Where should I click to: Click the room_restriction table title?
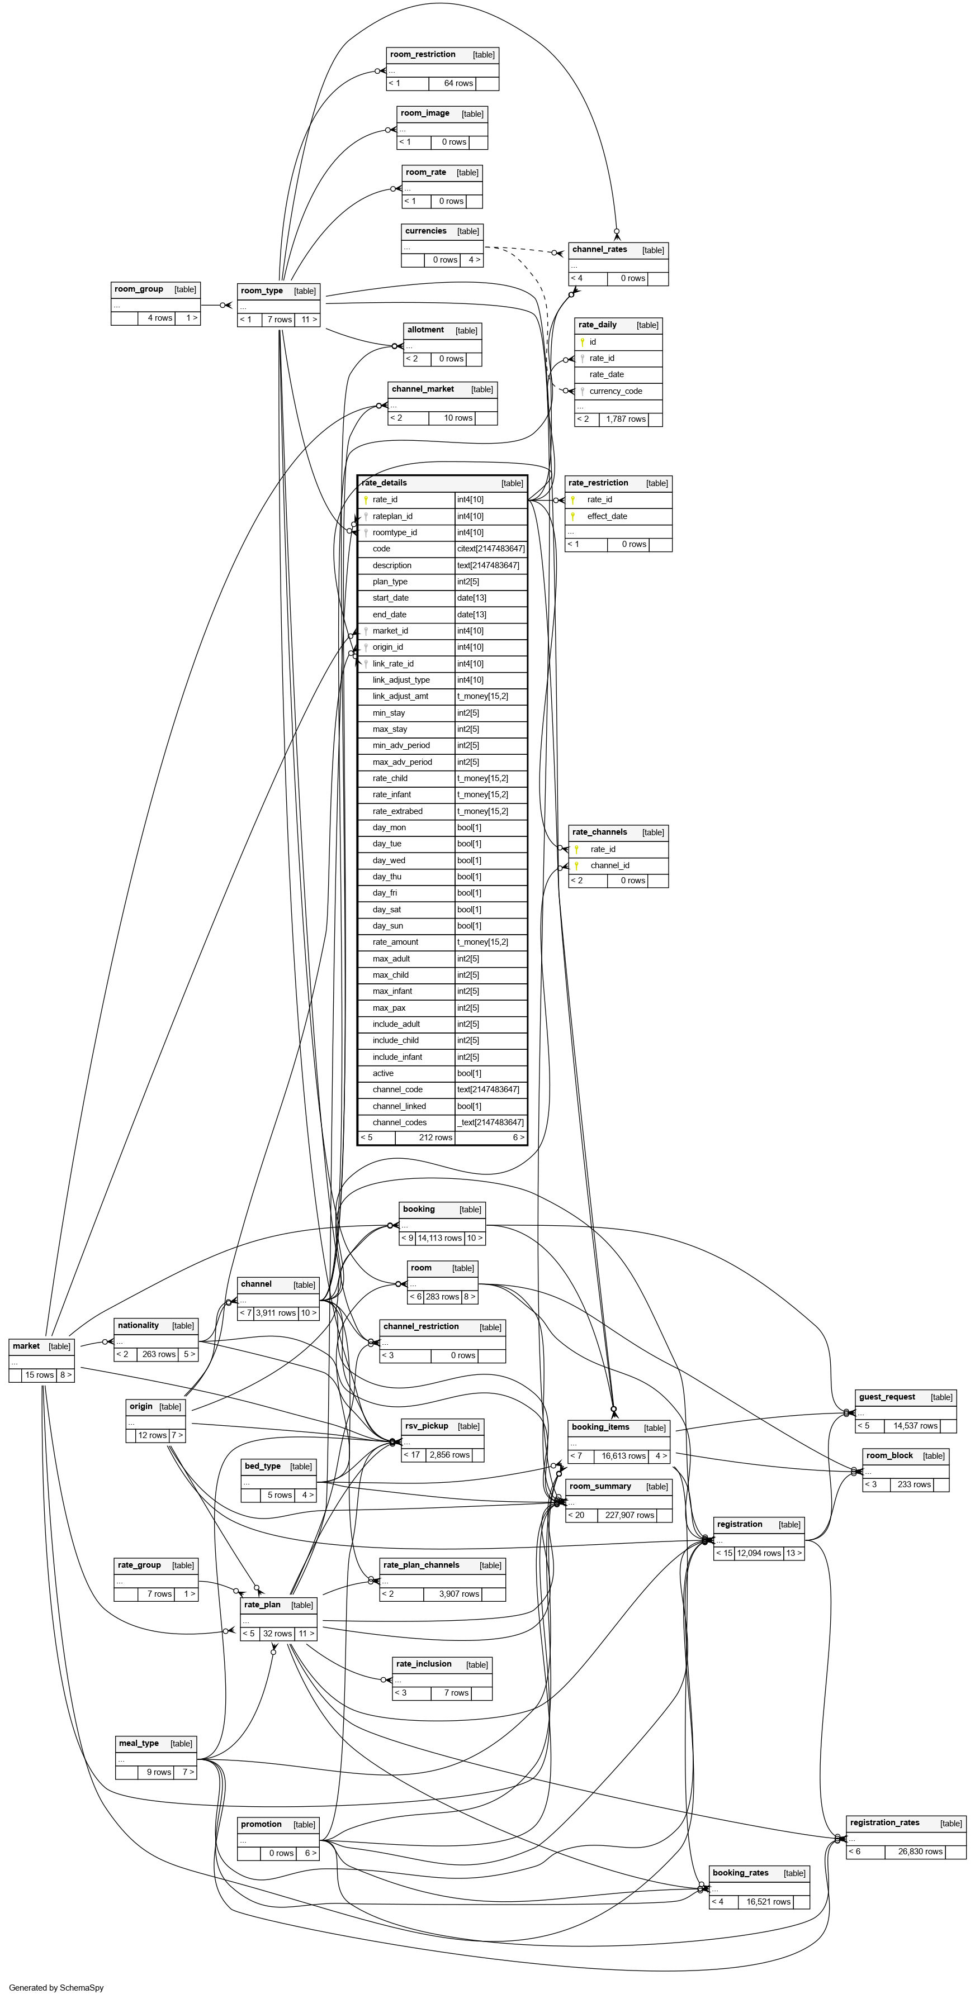coord(423,54)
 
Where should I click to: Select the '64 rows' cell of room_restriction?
coord(458,83)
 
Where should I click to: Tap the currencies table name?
coord(425,231)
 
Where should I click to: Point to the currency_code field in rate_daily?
coord(616,391)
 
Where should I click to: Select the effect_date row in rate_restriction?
coord(607,516)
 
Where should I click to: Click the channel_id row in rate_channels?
coord(609,865)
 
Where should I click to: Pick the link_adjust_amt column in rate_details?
coord(400,696)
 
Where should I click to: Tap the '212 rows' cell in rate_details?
coord(436,1137)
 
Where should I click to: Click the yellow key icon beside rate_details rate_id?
coord(366,499)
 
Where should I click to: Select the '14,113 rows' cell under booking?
coord(439,1238)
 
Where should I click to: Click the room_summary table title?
coord(600,1486)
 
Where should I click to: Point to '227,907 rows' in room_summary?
coord(630,1515)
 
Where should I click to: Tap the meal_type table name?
coord(139,1743)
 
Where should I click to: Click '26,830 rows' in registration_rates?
coord(920,1852)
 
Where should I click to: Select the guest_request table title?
coord(887,1397)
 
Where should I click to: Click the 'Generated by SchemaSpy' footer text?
coord(56,1987)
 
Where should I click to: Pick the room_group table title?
coord(139,289)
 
